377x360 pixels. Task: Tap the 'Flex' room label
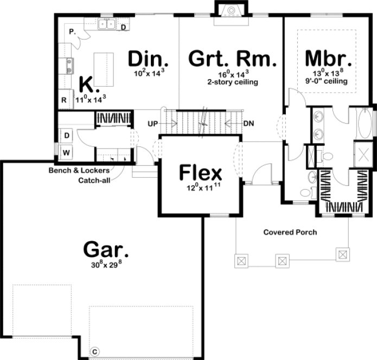(201, 173)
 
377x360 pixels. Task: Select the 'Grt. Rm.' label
(233, 57)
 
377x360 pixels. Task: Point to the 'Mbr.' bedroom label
(328, 57)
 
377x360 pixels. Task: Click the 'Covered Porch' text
(290, 232)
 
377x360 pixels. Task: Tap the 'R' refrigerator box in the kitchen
(64, 100)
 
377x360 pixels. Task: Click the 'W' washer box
(66, 153)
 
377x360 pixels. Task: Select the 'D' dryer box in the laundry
(66, 134)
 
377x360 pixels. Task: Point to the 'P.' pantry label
(72, 32)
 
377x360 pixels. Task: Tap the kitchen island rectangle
(104, 69)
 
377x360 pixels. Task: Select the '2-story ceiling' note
(232, 82)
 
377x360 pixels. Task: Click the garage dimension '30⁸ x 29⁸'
(106, 266)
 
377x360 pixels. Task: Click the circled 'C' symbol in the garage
(93, 351)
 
